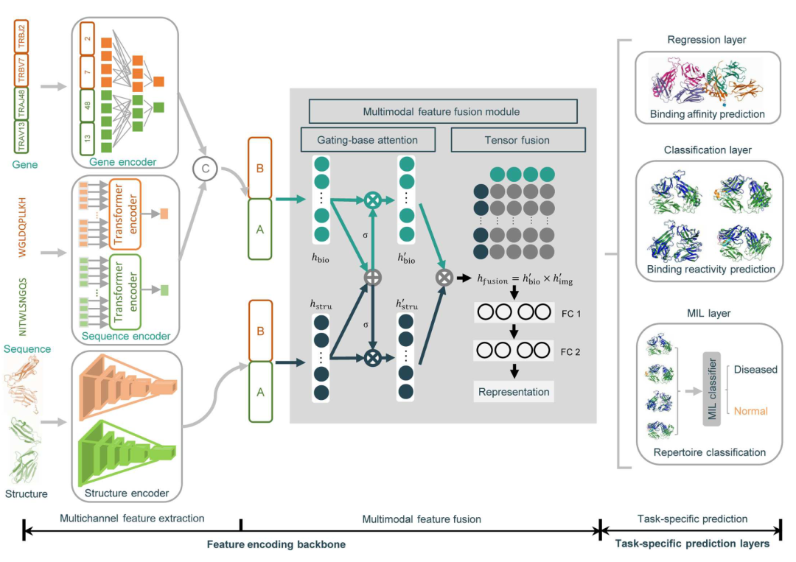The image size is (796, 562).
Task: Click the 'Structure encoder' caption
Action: [x=126, y=493]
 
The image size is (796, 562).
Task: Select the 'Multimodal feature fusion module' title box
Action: [x=442, y=111]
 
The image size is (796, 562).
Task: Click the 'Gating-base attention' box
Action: [x=368, y=140]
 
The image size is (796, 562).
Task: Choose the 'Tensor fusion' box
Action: [x=517, y=140]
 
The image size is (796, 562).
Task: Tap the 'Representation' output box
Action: [x=514, y=392]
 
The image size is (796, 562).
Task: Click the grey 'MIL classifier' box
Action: [x=712, y=390]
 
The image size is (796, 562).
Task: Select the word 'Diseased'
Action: [x=756, y=369]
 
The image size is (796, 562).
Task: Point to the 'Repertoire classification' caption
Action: [x=709, y=452]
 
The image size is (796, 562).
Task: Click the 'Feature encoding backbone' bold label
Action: [x=276, y=544]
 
